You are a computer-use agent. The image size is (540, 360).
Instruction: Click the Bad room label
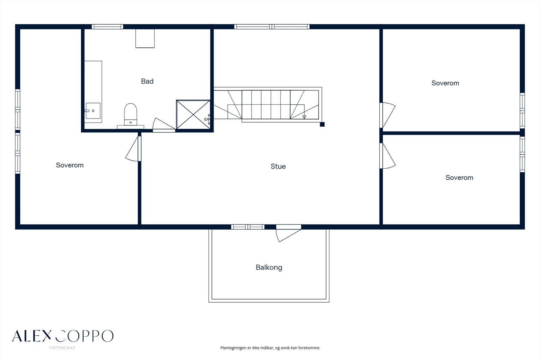[x=147, y=81]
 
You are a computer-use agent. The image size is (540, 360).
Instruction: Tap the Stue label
[x=278, y=166]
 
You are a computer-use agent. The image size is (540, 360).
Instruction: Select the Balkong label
[x=269, y=267]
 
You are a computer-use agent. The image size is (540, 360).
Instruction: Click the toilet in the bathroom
[x=130, y=114]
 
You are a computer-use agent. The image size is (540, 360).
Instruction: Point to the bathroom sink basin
[x=93, y=111]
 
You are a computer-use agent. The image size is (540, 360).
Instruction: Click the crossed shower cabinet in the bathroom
[x=193, y=114]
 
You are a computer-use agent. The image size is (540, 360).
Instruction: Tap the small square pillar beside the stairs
[x=322, y=124]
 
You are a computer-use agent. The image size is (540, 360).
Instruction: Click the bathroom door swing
[x=164, y=124]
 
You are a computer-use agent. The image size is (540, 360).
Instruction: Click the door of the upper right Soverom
[x=387, y=115]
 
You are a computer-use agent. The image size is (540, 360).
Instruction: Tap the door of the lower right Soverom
[x=387, y=156]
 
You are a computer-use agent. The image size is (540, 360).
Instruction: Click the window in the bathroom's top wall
[x=108, y=27]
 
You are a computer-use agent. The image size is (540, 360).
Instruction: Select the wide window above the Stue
[x=272, y=27]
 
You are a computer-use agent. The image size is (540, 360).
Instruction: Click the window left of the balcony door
[x=248, y=227]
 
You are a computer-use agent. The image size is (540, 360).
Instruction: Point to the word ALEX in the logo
[x=32, y=336]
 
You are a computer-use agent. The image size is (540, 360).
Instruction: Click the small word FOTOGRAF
[x=62, y=348]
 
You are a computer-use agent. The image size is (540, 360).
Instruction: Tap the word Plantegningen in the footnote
[x=233, y=348]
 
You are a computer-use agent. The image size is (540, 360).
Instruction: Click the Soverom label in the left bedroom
[x=70, y=165]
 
